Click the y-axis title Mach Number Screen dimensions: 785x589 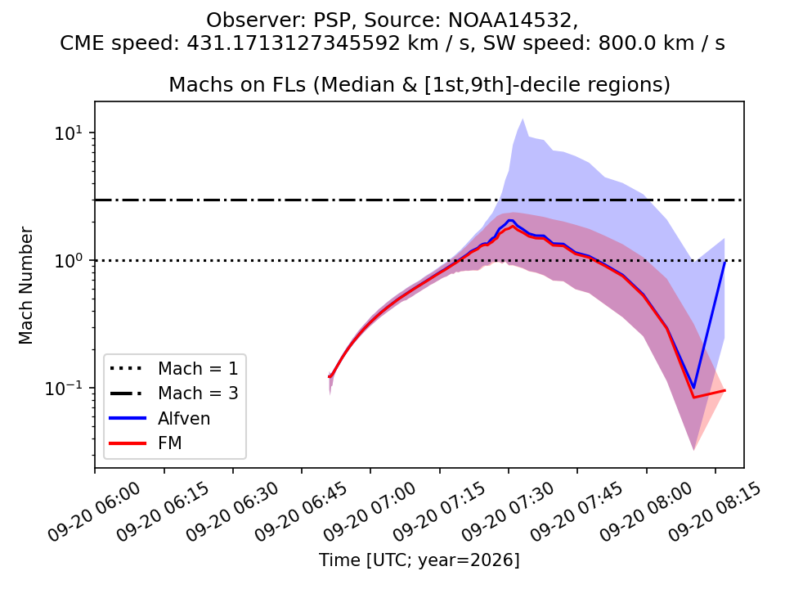click(x=25, y=286)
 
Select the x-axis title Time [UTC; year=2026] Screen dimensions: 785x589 click(x=419, y=560)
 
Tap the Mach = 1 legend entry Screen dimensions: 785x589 click(x=173, y=369)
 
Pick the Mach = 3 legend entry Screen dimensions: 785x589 click(x=173, y=393)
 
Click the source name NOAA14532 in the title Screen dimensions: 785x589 click(x=509, y=20)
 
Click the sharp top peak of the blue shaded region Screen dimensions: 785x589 click(x=523, y=119)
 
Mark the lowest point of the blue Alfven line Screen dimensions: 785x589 click(x=693, y=388)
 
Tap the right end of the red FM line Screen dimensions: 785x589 click(x=724, y=391)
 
